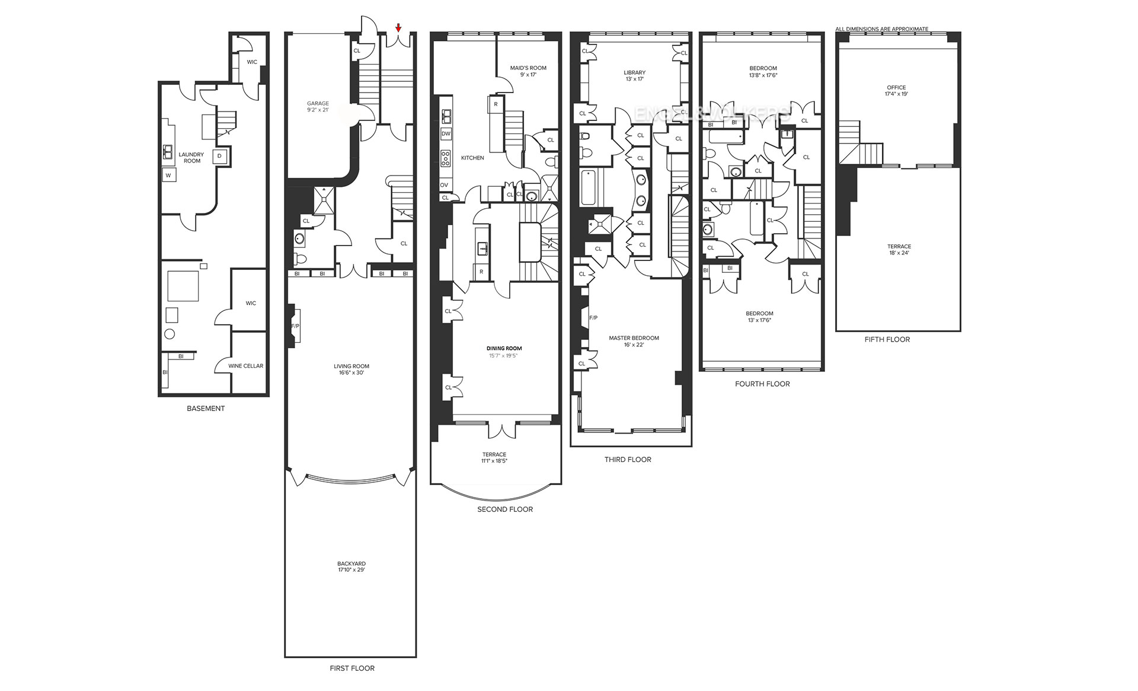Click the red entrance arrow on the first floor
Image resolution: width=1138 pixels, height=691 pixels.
coord(398,27)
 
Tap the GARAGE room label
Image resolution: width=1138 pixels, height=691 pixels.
coord(318,104)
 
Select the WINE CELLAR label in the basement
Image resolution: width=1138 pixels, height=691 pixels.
coord(245,366)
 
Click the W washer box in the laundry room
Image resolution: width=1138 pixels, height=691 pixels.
coord(168,176)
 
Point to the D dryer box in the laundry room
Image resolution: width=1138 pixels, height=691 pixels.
coord(219,156)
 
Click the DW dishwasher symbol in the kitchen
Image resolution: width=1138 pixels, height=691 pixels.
coord(446,134)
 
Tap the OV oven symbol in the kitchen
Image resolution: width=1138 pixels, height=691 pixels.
coord(444,185)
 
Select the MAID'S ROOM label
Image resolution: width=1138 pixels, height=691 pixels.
coord(528,68)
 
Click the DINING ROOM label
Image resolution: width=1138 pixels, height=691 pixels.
coord(504,349)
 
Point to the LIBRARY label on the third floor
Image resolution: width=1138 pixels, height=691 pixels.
coord(634,73)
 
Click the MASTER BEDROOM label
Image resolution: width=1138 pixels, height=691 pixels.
coord(634,338)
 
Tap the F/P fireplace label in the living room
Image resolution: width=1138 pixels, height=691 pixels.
coord(295,327)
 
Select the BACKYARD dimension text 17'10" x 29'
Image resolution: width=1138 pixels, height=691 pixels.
coord(351,570)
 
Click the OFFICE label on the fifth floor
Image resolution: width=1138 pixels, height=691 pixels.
coord(896,88)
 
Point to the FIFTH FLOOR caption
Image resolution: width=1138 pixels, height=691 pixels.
coord(887,339)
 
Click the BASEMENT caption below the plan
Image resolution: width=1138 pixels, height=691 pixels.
coord(206,409)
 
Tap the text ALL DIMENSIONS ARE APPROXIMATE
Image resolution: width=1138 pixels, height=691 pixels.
coord(881,29)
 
